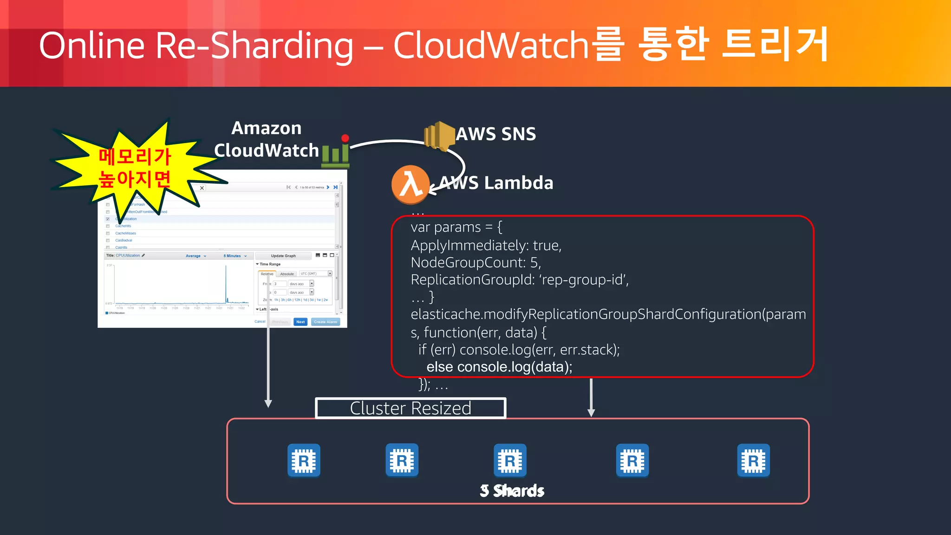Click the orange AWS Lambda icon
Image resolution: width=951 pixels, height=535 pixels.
point(410,184)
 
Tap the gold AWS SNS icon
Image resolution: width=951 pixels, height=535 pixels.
point(439,136)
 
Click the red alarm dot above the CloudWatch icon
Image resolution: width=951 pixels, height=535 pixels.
point(345,138)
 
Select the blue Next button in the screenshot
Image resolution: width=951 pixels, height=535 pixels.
point(300,322)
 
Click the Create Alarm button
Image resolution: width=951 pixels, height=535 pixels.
point(326,322)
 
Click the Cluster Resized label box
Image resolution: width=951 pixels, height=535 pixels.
point(410,408)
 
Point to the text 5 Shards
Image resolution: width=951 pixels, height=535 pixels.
point(512,490)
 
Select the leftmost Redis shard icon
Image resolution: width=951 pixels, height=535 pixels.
point(304,461)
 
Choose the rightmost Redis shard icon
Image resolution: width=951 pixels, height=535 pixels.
point(753,461)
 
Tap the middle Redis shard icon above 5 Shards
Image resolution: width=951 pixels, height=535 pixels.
point(510,461)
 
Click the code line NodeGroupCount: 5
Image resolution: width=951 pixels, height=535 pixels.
point(476,263)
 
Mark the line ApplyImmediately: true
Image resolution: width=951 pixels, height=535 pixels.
point(486,245)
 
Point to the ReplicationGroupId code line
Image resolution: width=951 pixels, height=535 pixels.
point(520,280)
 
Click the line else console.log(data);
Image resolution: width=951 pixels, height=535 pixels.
point(499,367)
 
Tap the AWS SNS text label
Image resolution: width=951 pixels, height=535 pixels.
point(496,134)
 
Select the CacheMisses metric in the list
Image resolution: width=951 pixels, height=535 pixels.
point(126,233)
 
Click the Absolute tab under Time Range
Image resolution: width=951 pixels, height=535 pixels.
point(287,274)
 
